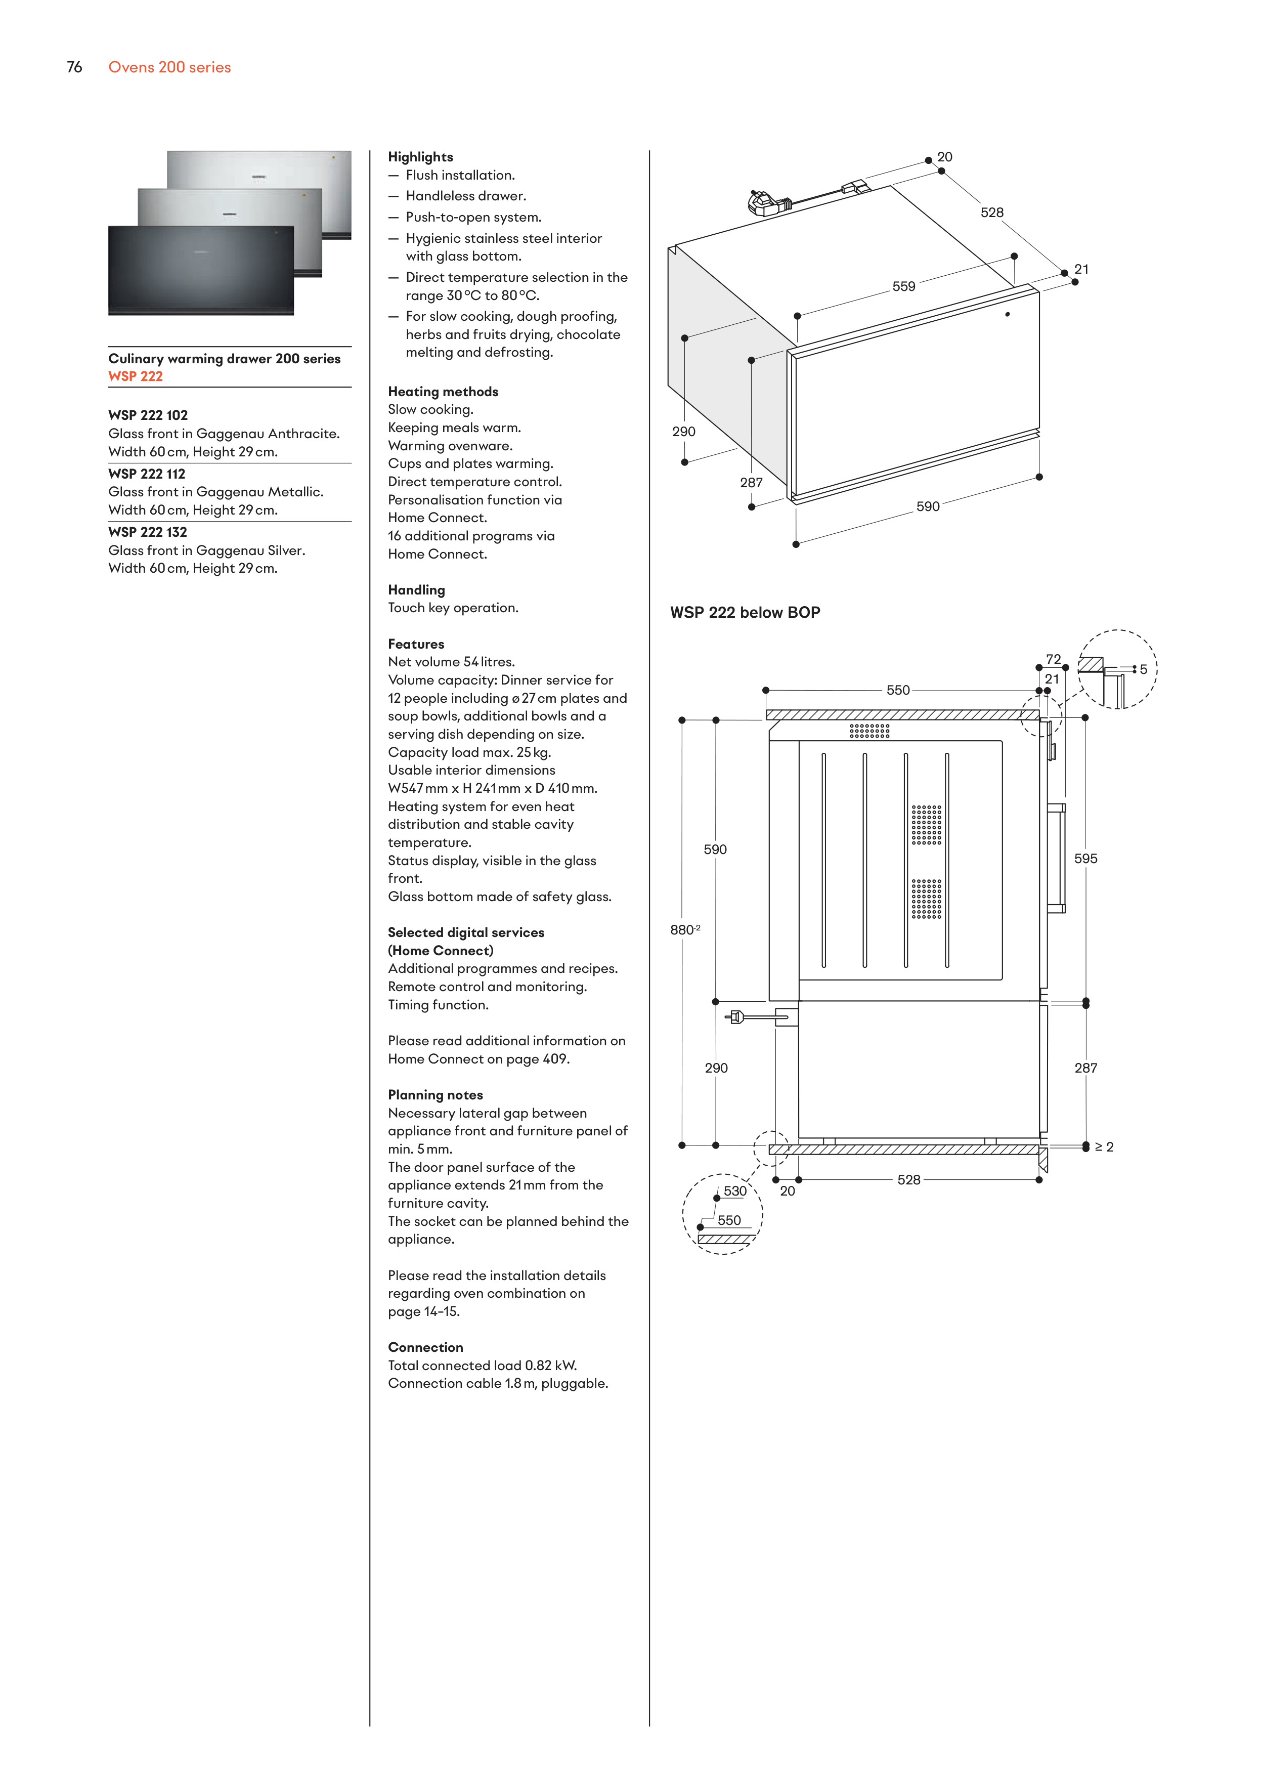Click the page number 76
75,68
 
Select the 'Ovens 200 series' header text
169,68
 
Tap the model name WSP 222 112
147,474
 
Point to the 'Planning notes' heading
435,1095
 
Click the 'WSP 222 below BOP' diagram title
745,613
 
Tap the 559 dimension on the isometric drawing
903,286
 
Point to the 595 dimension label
1085,859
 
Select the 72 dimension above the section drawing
1053,659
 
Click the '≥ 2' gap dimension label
1104,1146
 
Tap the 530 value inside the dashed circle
734,1191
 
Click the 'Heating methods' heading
443,392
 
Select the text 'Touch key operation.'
453,608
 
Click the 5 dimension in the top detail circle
1143,669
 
